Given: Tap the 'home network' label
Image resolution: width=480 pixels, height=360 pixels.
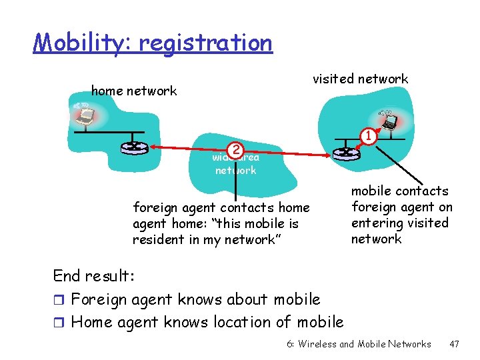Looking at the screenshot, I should click(x=134, y=91).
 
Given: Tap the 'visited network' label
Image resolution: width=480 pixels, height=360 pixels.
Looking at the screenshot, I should click(x=361, y=79).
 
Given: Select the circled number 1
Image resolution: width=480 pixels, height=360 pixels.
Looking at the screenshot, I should click(x=366, y=137).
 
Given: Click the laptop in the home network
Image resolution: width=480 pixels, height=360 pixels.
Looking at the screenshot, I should click(x=85, y=117).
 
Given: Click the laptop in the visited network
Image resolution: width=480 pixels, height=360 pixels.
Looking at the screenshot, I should click(x=389, y=121).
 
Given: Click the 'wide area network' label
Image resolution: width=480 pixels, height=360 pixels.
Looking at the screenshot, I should click(x=235, y=164).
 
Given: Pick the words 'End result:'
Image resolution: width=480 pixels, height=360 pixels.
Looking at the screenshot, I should click(x=94, y=276).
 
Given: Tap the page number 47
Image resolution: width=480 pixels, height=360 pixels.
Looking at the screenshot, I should click(x=455, y=344).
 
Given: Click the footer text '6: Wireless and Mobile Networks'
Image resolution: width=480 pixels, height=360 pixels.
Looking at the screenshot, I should click(x=359, y=344).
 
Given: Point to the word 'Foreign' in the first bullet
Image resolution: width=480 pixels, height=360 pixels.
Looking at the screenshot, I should click(x=97, y=299).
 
